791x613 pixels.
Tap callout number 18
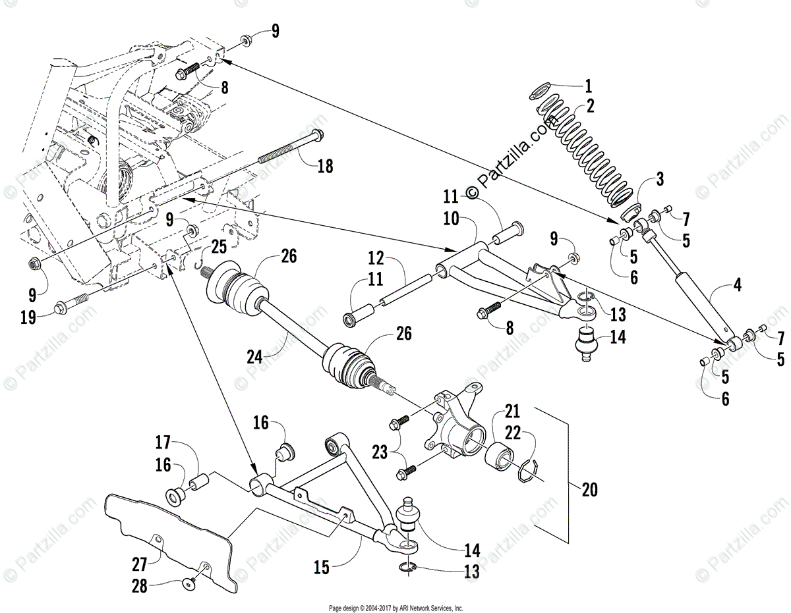[325, 167]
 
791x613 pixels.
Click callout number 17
[163, 441]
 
